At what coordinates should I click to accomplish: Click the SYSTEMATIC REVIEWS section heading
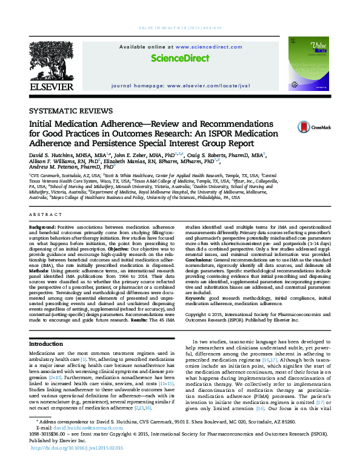click(71, 111)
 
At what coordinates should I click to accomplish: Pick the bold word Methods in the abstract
click(40, 270)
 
